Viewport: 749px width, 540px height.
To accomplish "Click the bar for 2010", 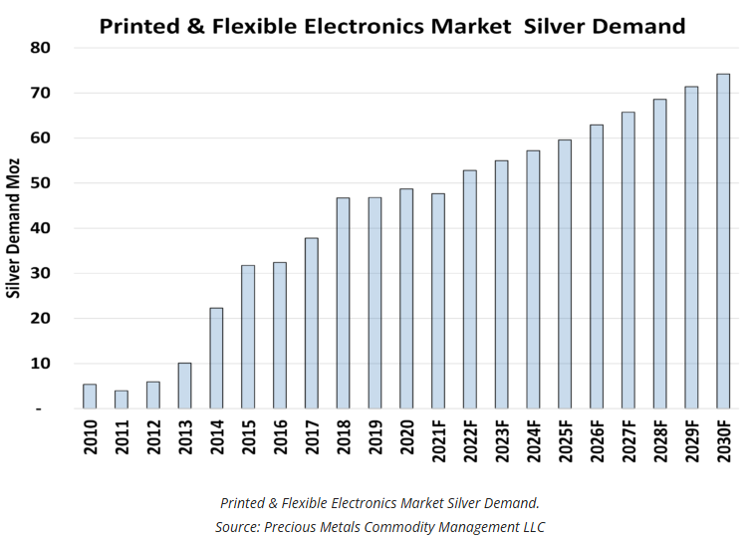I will click(x=90, y=397).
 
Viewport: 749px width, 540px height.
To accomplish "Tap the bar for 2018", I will click(x=343, y=303).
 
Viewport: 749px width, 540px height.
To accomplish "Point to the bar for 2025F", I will click(x=565, y=274).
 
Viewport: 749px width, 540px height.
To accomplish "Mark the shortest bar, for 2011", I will click(x=121, y=400).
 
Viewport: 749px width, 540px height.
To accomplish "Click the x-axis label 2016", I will click(x=280, y=438).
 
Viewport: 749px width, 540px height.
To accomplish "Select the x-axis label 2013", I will click(x=184, y=438).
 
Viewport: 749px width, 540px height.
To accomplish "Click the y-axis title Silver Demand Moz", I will click(x=15, y=229).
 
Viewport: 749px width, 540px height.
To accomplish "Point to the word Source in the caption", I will click(x=240, y=525).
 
